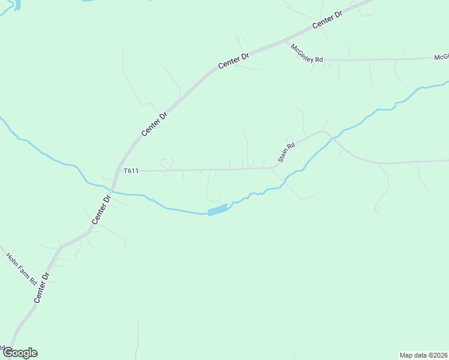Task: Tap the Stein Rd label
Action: coord(287,153)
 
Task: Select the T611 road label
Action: coord(131,171)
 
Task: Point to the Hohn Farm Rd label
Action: coord(22,268)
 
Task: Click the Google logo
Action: coord(20,353)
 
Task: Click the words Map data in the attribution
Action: coord(414,355)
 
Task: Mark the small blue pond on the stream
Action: coord(218,210)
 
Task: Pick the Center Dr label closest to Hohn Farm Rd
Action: coord(42,287)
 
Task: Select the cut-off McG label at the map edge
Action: coord(442,57)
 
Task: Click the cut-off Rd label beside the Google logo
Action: coord(2,347)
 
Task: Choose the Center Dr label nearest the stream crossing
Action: coord(102,209)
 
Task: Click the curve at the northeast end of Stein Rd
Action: coord(323,130)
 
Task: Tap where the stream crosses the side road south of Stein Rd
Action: coord(286,181)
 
